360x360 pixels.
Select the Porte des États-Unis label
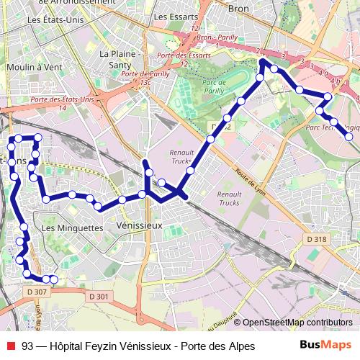[x=63, y=99]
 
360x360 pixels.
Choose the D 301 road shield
[x=99, y=296]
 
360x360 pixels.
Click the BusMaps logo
[x=325, y=345]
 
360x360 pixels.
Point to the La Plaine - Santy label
[x=118, y=58]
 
